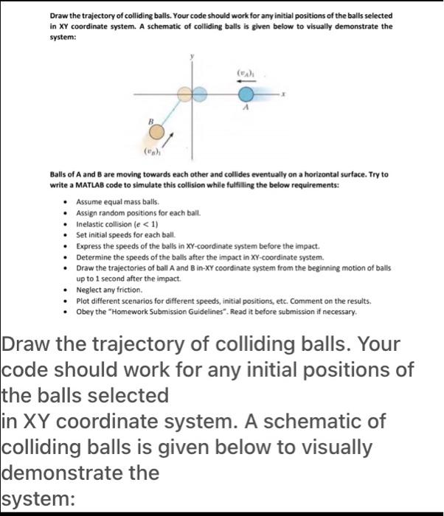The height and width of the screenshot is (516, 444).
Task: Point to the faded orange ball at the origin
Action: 185,94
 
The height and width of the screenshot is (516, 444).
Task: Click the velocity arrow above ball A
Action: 245,83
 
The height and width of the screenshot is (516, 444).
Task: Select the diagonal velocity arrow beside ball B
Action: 169,139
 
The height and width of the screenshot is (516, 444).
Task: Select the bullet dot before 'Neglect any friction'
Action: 69,292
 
